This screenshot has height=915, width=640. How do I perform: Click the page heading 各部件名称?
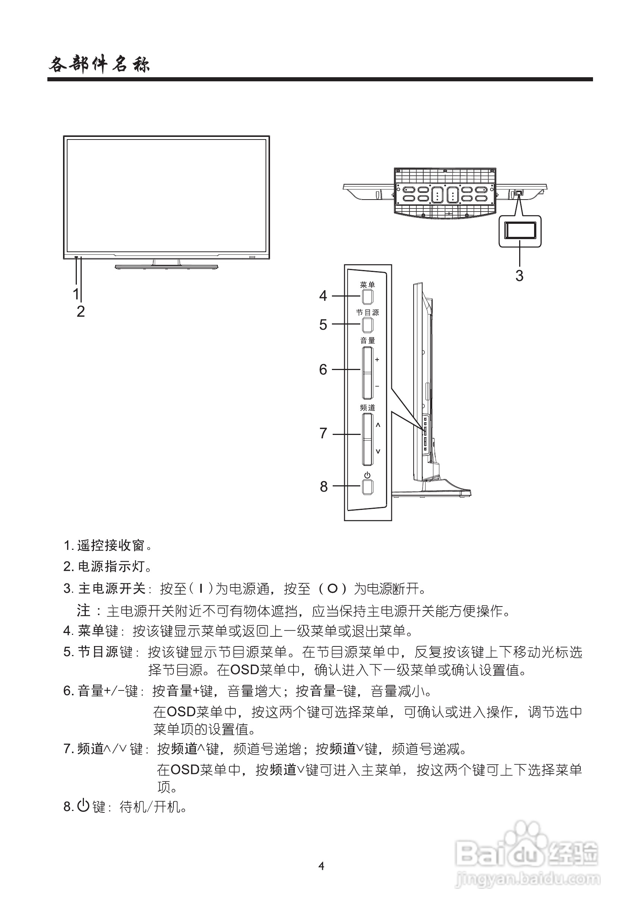point(99,65)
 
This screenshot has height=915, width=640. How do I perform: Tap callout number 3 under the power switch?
point(519,275)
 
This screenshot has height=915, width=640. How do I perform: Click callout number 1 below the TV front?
point(76,294)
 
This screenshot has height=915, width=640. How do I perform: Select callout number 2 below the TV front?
point(81,311)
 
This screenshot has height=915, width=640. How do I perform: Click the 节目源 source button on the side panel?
point(367,325)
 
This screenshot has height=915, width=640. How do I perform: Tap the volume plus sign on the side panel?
point(377,360)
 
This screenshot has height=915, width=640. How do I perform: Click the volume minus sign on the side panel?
point(377,386)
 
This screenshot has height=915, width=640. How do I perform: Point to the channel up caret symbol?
point(378,425)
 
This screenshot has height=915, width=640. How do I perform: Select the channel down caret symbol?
point(378,451)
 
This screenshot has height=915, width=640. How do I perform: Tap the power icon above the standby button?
point(367,475)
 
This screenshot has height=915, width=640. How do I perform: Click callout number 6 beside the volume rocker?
point(323,369)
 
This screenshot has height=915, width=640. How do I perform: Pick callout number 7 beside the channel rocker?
point(323,433)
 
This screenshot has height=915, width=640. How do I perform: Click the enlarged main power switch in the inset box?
point(520,231)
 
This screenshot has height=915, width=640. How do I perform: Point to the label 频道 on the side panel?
point(367,408)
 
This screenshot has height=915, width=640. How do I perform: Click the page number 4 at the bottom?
point(321,866)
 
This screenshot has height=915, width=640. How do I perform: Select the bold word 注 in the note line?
point(83,610)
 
